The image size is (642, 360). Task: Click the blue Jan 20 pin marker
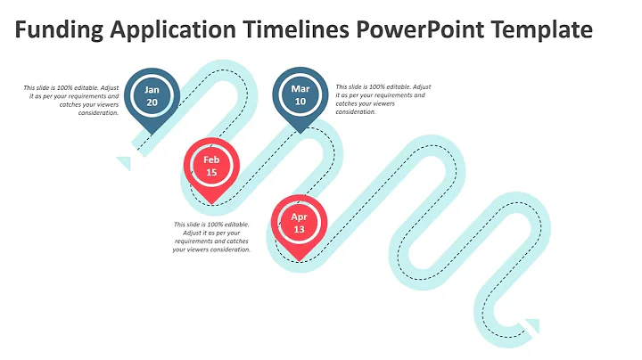(152, 96)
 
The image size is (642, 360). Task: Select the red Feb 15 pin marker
(211, 167)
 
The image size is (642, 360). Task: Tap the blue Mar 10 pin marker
(300, 96)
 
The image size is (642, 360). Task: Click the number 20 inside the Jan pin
(152, 102)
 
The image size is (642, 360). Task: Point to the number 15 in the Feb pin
(211, 173)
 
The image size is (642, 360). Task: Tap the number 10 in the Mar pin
(300, 102)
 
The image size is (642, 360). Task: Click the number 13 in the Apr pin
(300, 230)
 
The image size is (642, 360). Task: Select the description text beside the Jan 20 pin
(71, 100)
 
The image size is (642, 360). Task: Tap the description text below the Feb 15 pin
(211, 237)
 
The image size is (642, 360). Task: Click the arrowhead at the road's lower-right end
(533, 325)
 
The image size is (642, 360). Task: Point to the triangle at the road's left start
(124, 163)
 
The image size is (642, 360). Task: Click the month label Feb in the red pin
(211, 160)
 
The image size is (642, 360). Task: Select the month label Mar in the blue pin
(300, 89)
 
